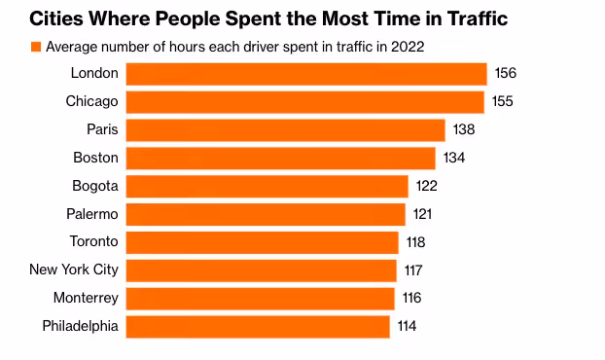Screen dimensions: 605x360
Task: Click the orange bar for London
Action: tap(306, 74)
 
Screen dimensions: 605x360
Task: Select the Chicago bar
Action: tap(305, 102)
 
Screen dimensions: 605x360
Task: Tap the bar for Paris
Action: tap(286, 130)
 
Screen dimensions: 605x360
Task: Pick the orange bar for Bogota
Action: tap(267, 187)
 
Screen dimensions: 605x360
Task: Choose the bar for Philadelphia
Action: tap(258, 327)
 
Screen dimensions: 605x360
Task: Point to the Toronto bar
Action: tap(262, 242)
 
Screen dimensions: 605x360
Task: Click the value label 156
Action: tap(506, 73)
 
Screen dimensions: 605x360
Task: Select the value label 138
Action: tap(464, 129)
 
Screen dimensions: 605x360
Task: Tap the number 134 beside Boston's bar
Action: tap(454, 158)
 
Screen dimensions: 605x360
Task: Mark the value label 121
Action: tap(422, 214)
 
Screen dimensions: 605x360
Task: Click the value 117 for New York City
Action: tap(413, 270)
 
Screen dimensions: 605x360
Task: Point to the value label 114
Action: tap(408, 326)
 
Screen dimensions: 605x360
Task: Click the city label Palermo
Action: tap(92, 214)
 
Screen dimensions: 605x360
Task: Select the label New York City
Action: tap(74, 270)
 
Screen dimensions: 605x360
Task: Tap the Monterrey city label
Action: tap(86, 298)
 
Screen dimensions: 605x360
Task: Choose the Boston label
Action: tap(95, 158)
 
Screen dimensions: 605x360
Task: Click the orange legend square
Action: tap(36, 47)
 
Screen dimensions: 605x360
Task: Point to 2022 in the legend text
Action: tap(408, 47)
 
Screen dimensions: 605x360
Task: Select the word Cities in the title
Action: tap(56, 18)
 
